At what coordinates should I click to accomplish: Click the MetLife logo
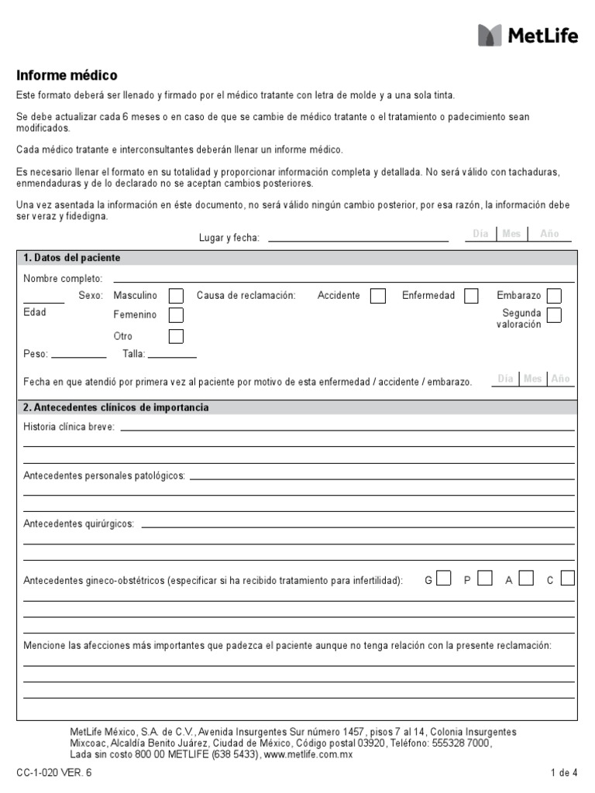coord(528,36)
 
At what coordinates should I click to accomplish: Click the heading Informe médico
coord(67,76)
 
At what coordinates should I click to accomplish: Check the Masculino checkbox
coord(177,296)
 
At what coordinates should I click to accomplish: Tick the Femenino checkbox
coord(177,315)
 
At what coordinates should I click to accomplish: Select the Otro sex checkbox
coord(177,336)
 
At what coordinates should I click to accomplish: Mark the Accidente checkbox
coord(378,296)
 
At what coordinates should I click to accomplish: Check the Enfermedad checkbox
coord(471,296)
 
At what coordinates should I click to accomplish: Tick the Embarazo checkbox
coord(554,296)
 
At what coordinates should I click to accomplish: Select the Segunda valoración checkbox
coord(554,314)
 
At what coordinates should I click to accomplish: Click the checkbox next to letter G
coord(444,578)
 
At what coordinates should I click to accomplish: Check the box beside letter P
coord(485,578)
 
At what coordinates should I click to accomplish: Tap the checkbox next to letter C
coord(568,578)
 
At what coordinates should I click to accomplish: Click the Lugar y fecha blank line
coord(358,239)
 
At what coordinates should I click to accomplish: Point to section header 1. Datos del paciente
coord(72,258)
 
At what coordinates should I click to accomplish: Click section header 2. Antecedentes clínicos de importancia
coord(116,407)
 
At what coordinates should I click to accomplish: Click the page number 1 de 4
coord(563,772)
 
